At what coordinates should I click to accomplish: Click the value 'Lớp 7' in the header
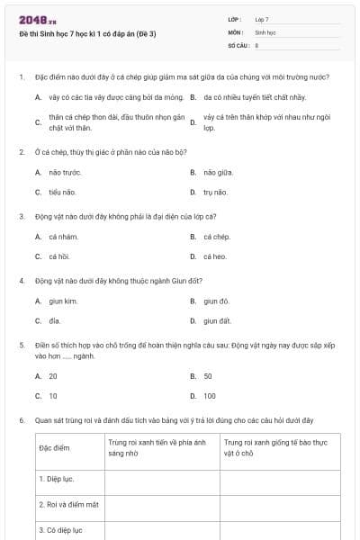[262, 19]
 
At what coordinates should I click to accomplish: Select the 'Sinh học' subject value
[265, 31]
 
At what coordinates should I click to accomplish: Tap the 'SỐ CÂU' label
[237, 44]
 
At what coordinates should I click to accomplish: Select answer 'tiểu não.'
[63, 192]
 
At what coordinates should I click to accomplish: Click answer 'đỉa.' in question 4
[55, 320]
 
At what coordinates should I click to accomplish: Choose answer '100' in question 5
[210, 395]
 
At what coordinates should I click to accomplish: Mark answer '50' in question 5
[208, 375]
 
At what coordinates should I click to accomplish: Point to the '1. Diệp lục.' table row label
[57, 479]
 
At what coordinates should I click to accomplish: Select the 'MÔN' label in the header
[235, 31]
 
